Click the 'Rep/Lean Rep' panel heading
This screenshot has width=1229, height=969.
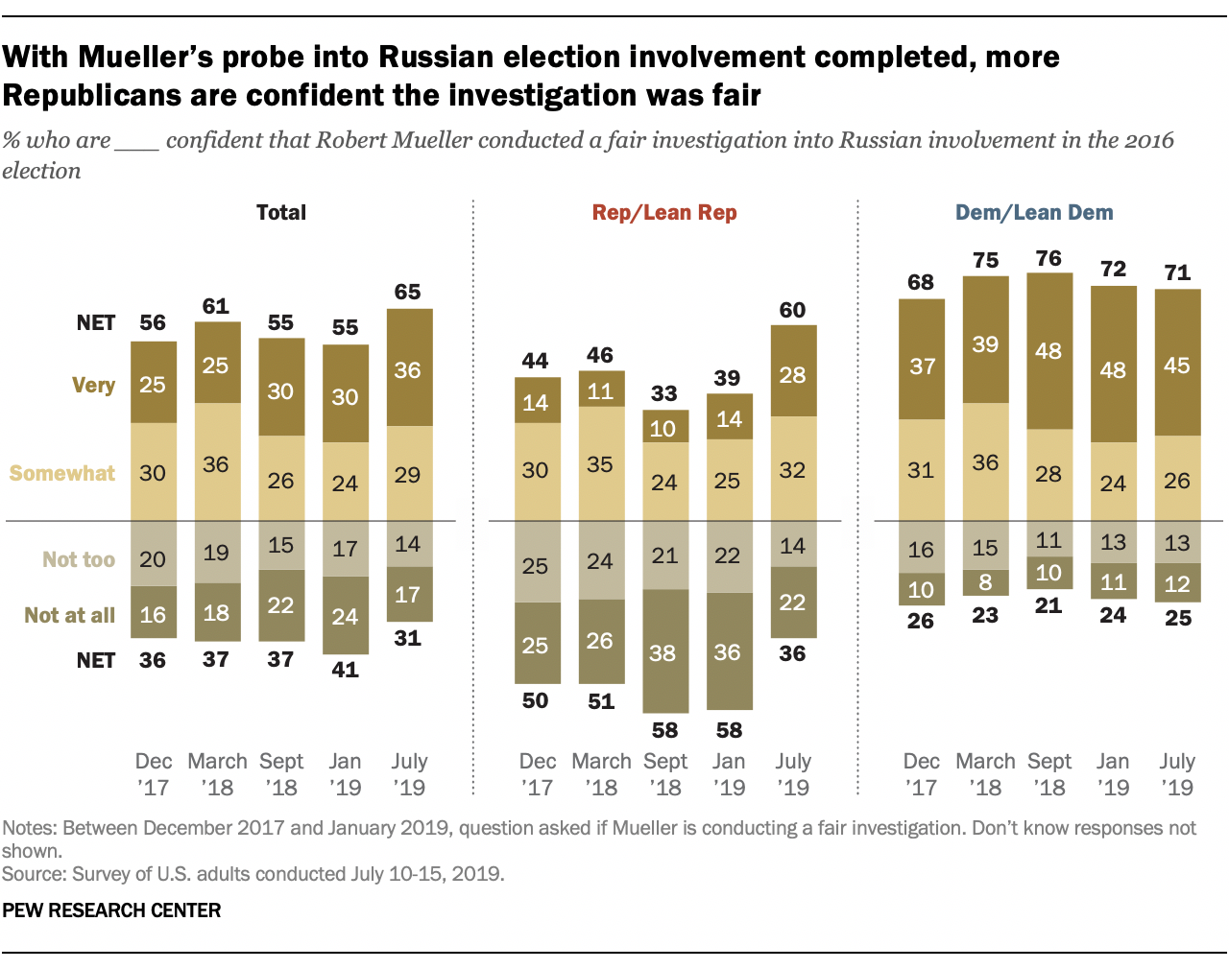pos(664,213)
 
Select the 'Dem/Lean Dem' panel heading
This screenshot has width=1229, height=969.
pos(1034,213)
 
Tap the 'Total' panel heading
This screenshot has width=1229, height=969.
pos(280,213)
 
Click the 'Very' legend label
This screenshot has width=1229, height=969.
pos(93,386)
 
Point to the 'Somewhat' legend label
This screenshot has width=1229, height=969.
pos(62,473)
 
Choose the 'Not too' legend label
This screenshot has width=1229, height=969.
pos(79,559)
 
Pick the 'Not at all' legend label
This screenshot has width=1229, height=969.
pos(69,616)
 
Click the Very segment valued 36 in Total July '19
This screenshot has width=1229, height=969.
pos(409,368)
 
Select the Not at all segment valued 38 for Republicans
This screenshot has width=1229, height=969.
pos(664,651)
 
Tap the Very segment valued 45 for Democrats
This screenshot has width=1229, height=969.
pos(1177,364)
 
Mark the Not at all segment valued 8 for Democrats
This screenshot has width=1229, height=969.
pos(985,582)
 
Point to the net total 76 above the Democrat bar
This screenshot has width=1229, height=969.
pos(1048,258)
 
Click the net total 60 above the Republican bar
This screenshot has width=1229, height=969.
pos(793,310)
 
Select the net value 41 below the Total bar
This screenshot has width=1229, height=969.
pos(345,670)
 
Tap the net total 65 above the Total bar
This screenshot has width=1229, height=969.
pos(408,292)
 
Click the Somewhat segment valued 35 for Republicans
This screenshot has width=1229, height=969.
pos(601,464)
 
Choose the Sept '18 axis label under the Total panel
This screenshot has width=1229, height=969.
pos(280,774)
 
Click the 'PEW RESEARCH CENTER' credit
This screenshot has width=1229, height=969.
pos(111,910)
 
